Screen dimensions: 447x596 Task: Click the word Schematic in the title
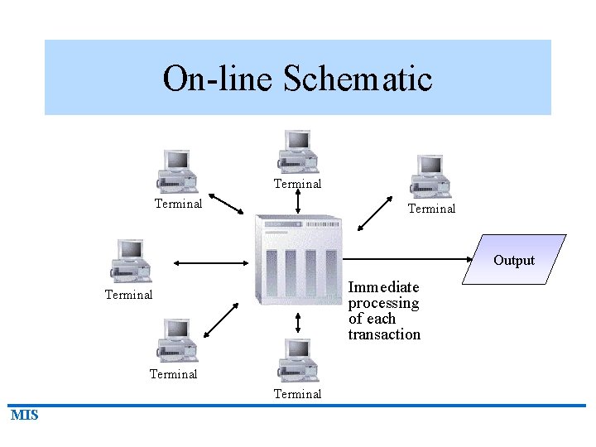point(358,79)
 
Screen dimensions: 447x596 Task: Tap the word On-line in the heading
point(219,79)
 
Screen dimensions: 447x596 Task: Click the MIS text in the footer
point(25,416)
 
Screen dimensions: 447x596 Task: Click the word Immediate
point(383,287)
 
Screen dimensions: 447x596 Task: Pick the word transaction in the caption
point(384,334)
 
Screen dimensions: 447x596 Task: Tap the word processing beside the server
point(383,303)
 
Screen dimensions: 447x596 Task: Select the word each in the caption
point(382,319)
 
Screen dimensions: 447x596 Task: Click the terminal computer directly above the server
point(296,151)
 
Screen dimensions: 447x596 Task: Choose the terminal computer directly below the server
point(296,360)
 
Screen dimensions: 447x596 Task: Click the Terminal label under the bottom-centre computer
point(297,394)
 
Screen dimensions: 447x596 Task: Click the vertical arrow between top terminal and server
point(298,201)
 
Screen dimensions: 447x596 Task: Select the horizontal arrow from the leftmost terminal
point(211,263)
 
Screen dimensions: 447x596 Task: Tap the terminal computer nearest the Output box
point(431,175)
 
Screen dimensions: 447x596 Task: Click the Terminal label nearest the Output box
point(431,209)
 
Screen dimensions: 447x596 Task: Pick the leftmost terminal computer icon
point(131,261)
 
